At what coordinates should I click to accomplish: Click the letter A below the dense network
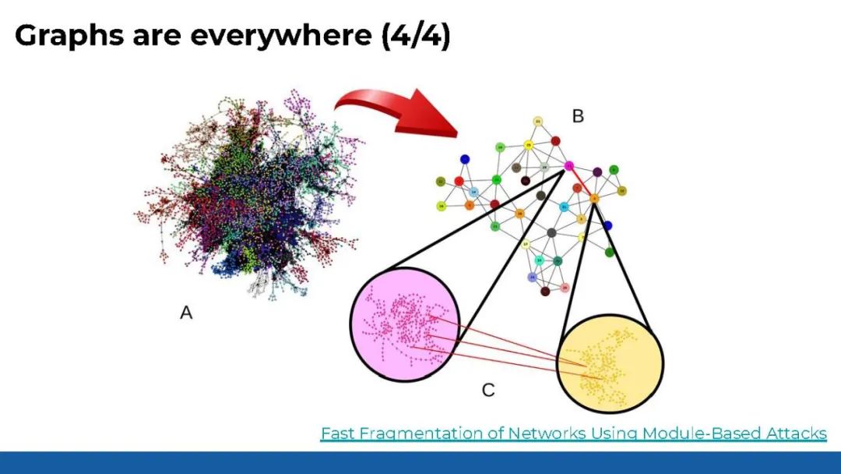click(186, 313)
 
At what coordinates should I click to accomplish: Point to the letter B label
click(578, 117)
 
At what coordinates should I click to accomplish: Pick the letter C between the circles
click(488, 389)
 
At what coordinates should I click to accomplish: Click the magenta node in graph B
click(569, 165)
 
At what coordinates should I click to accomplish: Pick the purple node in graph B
click(597, 172)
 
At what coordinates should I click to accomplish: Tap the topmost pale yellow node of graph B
click(537, 122)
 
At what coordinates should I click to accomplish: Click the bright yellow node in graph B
click(529, 144)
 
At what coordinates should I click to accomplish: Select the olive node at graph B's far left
click(441, 182)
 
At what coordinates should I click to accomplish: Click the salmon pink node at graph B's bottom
click(565, 288)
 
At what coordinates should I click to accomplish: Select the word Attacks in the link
click(798, 433)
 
